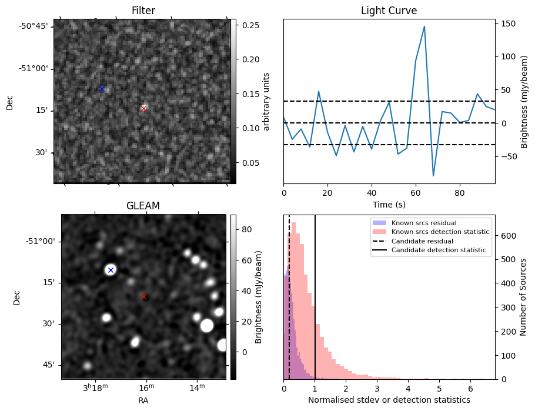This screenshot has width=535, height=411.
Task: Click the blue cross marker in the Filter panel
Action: click(102, 89)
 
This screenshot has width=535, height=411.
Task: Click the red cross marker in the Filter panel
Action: click(143, 108)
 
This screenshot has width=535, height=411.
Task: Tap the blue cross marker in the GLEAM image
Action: click(111, 270)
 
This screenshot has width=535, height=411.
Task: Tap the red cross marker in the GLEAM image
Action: click(143, 296)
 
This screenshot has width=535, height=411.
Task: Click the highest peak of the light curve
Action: click(424, 26)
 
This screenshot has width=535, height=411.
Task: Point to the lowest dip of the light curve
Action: click(433, 176)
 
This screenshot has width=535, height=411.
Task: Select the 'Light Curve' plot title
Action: click(389, 11)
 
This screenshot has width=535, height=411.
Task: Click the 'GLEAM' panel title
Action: click(143, 206)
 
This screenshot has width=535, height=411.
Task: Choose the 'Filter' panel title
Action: click(143, 11)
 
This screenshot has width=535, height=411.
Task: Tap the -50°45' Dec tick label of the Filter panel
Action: click(34, 26)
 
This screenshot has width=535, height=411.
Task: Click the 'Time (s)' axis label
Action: click(389, 205)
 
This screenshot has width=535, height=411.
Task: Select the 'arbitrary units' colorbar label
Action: click(266, 101)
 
